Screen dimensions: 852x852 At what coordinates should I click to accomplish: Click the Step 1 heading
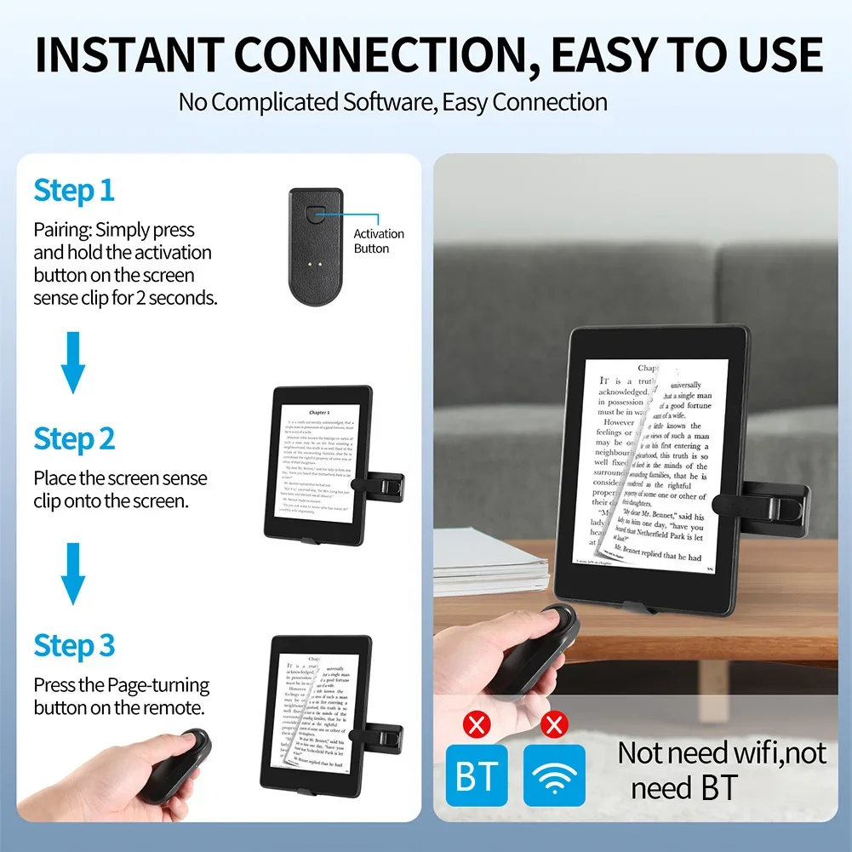tap(74, 191)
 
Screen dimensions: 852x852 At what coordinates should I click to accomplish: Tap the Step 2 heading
tap(74, 439)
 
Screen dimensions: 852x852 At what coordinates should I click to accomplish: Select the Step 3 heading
tap(74, 646)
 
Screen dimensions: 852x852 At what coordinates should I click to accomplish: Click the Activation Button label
tap(379, 241)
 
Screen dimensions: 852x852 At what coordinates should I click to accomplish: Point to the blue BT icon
tap(477, 775)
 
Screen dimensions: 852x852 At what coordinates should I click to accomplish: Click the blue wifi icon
tap(554, 775)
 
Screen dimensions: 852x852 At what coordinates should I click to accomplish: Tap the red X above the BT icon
tap(477, 725)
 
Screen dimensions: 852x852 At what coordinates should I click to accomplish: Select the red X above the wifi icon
tap(555, 725)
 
